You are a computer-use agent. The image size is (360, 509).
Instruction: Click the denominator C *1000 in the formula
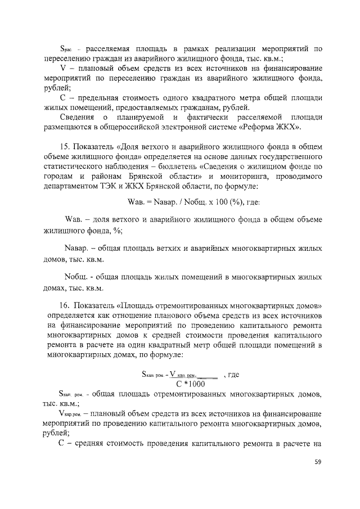[x=190, y=384]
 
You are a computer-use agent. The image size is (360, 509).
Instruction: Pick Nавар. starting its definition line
[x=78, y=249]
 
